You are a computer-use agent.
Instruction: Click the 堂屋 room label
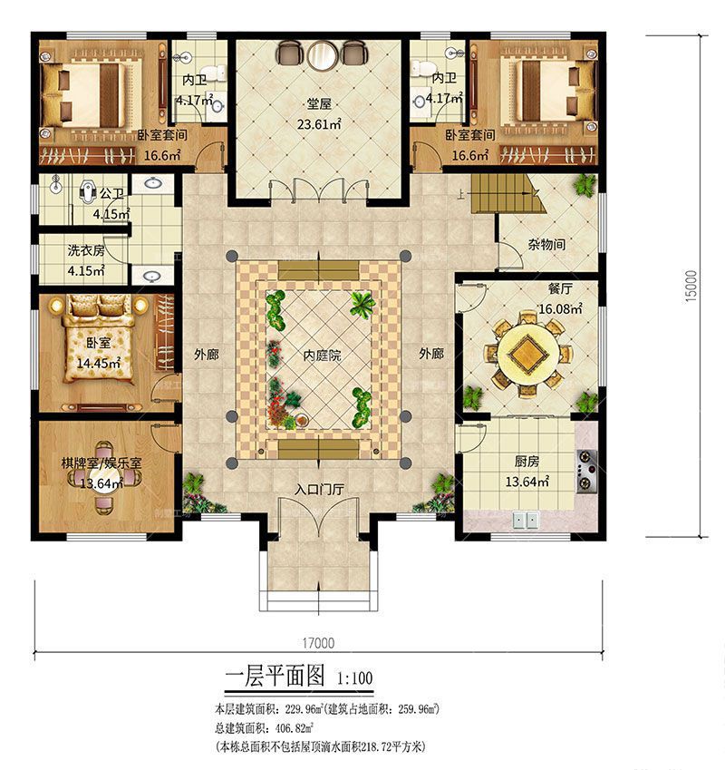tap(319, 103)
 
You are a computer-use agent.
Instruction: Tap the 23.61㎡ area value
tap(319, 123)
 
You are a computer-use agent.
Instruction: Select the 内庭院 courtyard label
tap(322, 356)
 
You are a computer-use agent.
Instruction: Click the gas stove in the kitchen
tap(586, 472)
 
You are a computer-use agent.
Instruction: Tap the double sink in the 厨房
tap(526, 521)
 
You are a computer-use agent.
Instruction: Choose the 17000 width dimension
tap(318, 643)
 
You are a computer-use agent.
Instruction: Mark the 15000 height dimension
tap(691, 286)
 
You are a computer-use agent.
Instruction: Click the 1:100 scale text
tap(354, 678)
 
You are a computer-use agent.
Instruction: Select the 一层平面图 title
tap(275, 676)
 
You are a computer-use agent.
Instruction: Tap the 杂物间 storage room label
tap(546, 244)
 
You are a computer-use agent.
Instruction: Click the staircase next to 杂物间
tap(508, 194)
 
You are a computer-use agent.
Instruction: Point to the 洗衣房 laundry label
tap(86, 250)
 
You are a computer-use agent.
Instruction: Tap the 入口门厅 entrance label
tap(319, 489)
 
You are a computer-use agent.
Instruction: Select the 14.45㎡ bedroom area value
tap(99, 364)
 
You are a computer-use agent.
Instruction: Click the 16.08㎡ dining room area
tap(560, 309)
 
